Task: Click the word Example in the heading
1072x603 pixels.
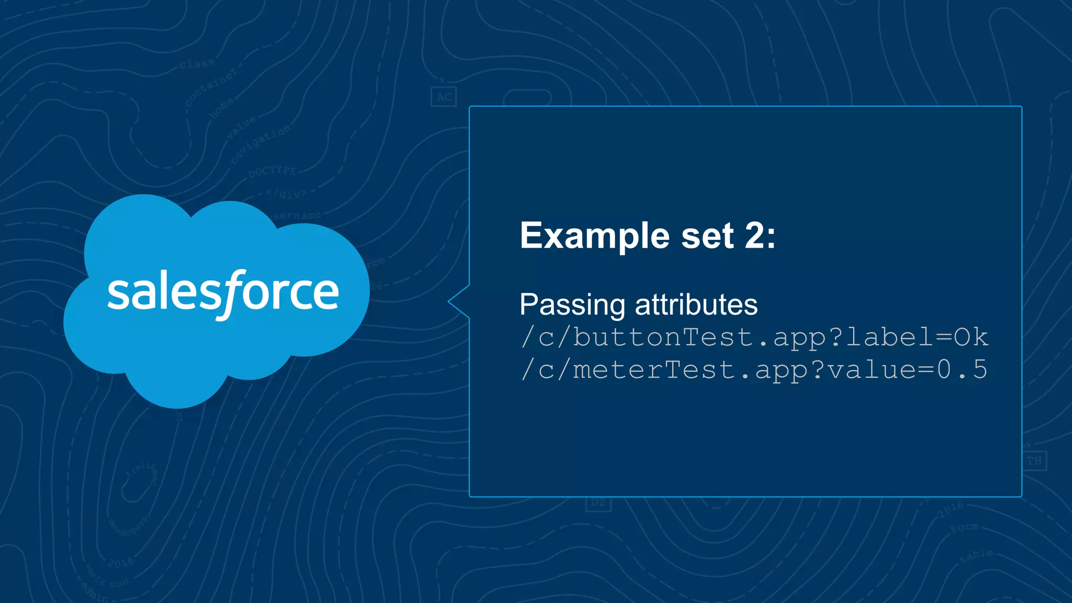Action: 595,236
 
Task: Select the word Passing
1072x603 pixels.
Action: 572,305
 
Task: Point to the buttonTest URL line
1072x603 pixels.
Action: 754,337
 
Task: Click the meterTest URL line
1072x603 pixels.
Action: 754,370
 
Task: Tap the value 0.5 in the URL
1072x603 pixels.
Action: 962,370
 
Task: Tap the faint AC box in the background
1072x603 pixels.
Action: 444,97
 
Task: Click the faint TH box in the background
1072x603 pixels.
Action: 1034,461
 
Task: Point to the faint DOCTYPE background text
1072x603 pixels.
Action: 272,171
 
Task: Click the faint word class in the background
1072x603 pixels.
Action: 197,64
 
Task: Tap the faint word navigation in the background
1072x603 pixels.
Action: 261,143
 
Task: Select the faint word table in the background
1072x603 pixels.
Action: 976,555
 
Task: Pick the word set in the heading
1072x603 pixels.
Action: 707,236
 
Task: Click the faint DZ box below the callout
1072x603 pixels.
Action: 598,503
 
